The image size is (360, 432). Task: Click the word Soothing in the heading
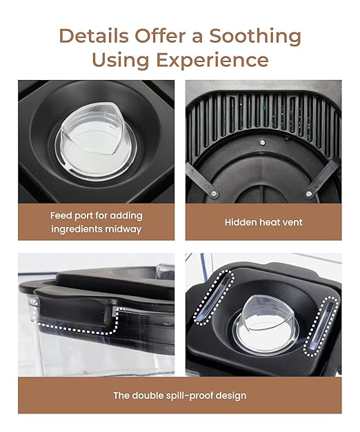point(255,36)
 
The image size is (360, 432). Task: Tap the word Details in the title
point(94,36)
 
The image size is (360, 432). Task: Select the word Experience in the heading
point(212,60)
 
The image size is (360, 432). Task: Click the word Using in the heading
point(121,60)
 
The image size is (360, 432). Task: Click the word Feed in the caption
point(60,215)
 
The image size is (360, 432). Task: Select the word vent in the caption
point(292,223)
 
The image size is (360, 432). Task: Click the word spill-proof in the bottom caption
point(190,396)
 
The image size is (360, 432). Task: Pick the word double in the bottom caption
point(148,395)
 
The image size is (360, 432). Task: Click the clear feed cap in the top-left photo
point(95,141)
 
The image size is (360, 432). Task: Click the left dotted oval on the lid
point(214,297)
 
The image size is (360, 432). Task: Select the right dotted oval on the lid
point(321,326)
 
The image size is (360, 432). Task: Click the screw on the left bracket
point(214,194)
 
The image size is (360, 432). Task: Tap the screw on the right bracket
point(309,194)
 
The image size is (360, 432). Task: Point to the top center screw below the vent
point(263,142)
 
